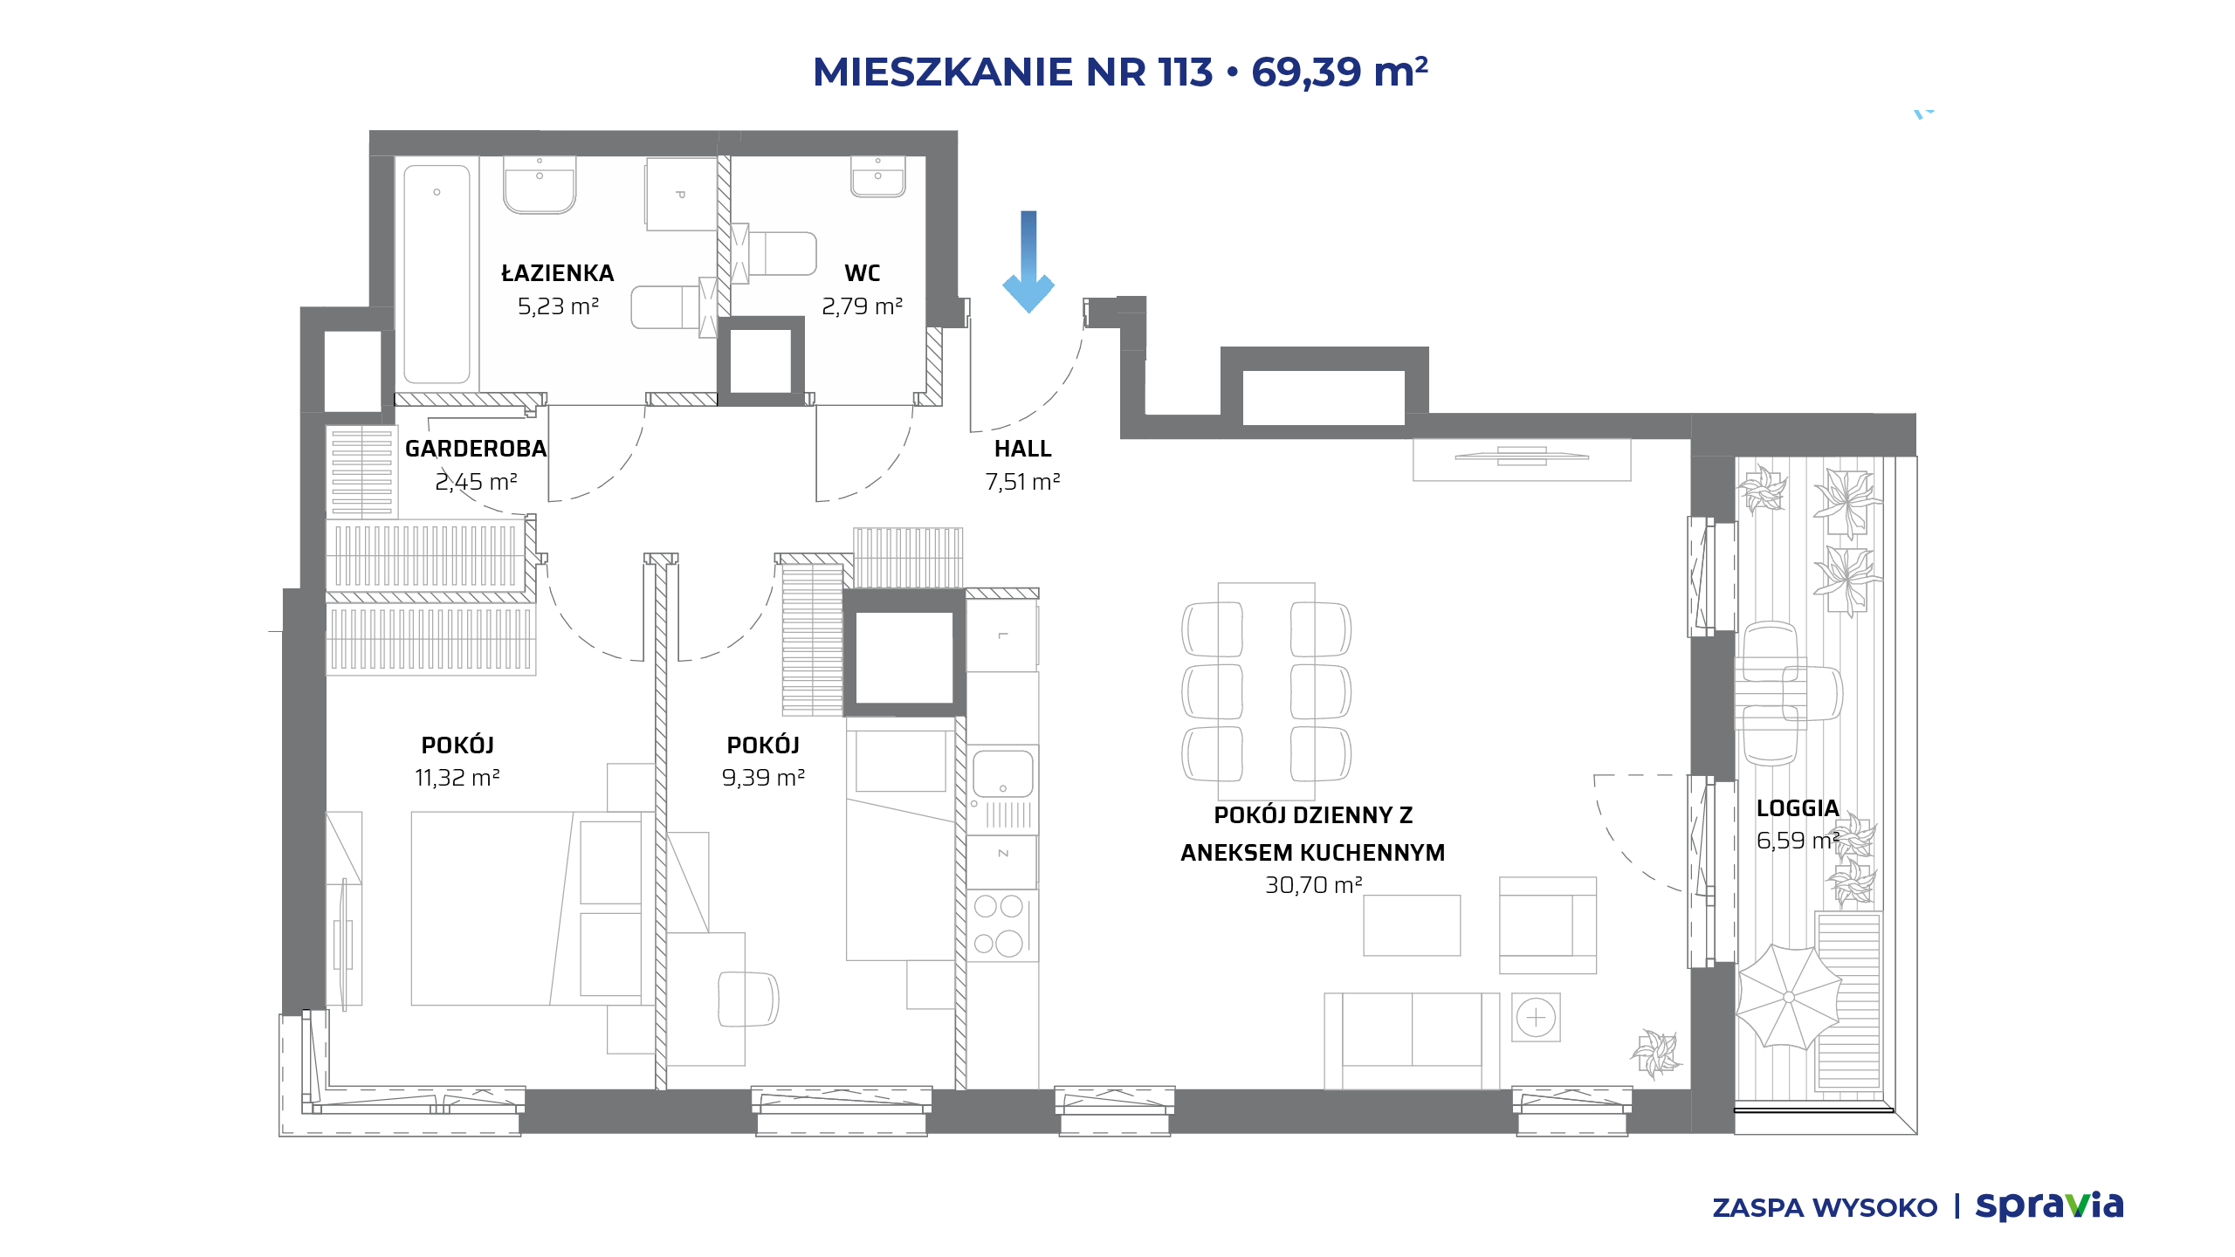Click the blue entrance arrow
click(1028, 261)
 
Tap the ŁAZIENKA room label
click(558, 273)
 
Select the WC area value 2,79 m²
click(862, 306)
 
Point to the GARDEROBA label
click(476, 449)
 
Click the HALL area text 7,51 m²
click(1022, 482)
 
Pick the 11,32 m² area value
click(457, 778)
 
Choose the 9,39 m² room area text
click(763, 778)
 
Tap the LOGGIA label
click(1798, 808)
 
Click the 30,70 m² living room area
click(1313, 885)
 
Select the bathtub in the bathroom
click(437, 273)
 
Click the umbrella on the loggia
click(1789, 997)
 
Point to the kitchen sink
click(1002, 773)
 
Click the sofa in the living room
click(1412, 1041)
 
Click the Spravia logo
click(2049, 1205)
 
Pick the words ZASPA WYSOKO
click(1825, 1208)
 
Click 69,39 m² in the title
click(1339, 72)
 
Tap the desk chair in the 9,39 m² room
click(747, 999)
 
